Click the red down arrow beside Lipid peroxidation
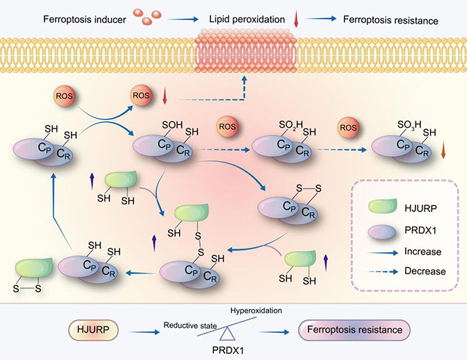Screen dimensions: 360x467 tap(296, 21)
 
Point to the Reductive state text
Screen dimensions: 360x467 tap(191, 325)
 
